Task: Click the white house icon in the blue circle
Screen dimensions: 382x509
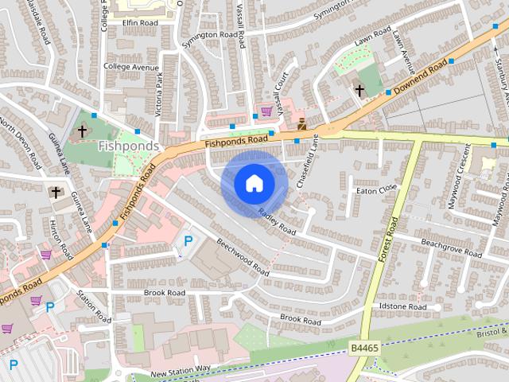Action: click(254, 184)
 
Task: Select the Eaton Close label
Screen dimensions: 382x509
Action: click(376, 189)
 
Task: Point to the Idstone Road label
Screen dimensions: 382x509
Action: click(403, 306)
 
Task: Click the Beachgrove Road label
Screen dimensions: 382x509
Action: click(451, 248)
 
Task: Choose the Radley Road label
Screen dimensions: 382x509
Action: click(277, 220)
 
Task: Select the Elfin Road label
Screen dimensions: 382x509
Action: click(139, 23)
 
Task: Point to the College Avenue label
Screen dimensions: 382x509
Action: click(131, 67)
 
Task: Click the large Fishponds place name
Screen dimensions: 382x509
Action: click(129, 146)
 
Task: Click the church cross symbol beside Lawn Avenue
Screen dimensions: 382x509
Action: click(359, 90)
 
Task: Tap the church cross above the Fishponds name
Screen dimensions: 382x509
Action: click(82, 131)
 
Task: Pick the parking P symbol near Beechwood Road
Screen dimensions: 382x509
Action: click(188, 240)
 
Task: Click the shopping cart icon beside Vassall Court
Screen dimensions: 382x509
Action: click(266, 111)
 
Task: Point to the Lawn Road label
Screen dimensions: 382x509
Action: click(371, 39)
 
